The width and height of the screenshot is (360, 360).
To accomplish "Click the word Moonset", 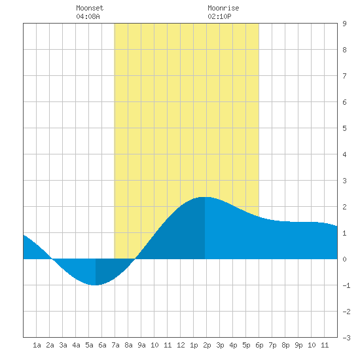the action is coord(90,8).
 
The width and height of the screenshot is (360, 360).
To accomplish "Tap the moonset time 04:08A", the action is coord(88,16).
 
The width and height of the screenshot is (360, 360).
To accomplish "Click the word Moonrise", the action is coord(223,8).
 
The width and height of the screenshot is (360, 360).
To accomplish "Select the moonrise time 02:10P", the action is coord(219,16).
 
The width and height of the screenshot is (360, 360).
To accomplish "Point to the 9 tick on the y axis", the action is coord(344,24).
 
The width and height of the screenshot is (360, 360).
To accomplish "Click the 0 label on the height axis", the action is coord(344,259).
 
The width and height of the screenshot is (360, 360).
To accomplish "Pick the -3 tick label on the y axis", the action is coord(346,338).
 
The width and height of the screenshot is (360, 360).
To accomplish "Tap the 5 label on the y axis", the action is coord(344,128).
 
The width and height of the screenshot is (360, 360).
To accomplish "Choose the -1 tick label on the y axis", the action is coord(346,285).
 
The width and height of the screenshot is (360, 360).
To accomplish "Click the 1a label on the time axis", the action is coord(37,345).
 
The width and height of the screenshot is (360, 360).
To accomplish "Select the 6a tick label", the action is coord(102,345).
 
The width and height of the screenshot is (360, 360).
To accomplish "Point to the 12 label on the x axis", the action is coord(181,345).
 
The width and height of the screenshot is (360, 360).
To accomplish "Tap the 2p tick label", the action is coord(207,345).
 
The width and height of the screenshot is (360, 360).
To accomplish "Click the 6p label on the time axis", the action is coord(259,345).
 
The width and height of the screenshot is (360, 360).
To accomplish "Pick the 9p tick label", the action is coord(298,345).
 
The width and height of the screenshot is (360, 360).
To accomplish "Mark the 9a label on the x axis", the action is coord(141,345).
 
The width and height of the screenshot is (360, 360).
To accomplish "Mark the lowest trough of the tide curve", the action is coord(96,285).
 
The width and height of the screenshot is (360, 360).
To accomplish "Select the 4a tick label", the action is coord(76,345).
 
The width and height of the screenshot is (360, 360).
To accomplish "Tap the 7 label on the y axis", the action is coord(344,76).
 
